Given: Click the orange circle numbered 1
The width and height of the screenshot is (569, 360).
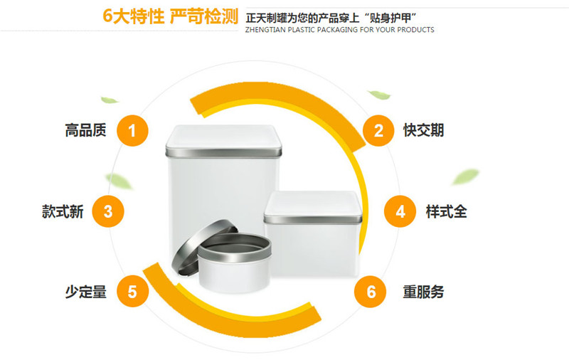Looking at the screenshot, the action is click(132, 131).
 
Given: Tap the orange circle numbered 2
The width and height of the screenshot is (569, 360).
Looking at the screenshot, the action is click(378, 131).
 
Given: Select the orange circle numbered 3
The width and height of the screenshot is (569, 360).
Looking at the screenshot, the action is click(108, 211).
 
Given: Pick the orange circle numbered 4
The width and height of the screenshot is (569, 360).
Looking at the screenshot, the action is click(400, 211).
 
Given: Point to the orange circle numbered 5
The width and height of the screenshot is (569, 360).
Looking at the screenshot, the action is click(132, 292).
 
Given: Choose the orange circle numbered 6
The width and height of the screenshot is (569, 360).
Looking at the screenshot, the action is click(371, 292).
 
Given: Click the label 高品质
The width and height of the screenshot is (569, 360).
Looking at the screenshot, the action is click(85, 130).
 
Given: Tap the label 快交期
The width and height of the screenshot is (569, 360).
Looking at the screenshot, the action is click(423, 130).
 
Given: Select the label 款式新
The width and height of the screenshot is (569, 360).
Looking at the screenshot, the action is click(63, 211).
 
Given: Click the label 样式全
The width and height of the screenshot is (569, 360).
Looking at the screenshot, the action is click(447, 211).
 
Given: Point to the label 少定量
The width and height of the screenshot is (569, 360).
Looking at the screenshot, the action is click(85, 292).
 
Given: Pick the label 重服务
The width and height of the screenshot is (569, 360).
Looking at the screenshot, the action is click(423, 292).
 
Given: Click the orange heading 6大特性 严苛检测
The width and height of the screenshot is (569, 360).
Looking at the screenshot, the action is click(170, 16).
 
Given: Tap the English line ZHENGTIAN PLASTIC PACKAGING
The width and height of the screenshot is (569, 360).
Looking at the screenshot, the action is click(340, 30).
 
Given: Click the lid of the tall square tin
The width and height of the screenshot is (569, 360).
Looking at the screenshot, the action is click(223, 142).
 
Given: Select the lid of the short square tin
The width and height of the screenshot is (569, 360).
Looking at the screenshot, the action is click(313, 207).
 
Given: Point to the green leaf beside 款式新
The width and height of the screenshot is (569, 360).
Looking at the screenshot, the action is click(118, 181).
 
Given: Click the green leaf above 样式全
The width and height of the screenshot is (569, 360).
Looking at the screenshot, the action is click(466, 176).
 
